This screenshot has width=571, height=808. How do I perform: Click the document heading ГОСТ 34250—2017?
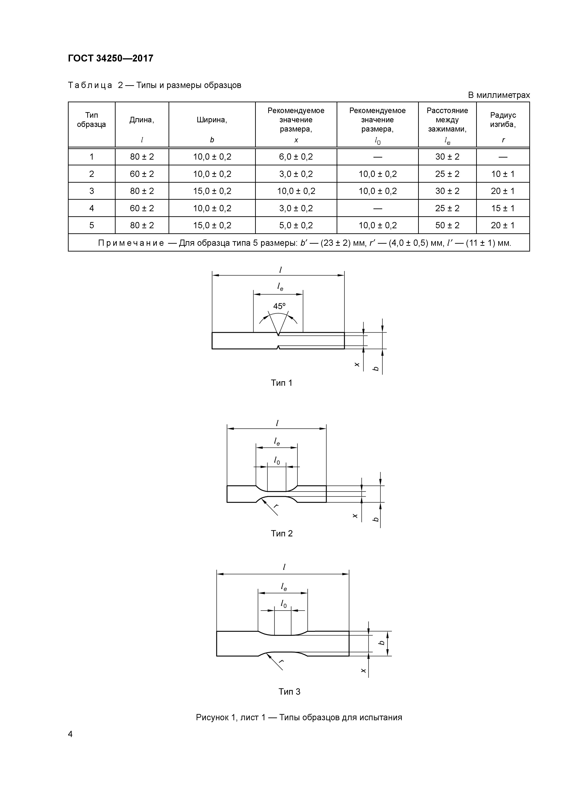click(111, 59)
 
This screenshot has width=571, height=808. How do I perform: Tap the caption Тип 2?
click(281, 533)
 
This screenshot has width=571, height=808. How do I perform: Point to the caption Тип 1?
click(281, 383)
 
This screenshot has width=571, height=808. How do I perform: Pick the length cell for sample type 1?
click(142, 157)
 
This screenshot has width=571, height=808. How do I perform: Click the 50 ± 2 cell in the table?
click(447, 225)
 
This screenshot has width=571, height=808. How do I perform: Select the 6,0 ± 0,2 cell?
click(296, 157)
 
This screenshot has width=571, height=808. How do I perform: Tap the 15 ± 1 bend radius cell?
click(503, 208)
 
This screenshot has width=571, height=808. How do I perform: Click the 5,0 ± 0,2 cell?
click(296, 225)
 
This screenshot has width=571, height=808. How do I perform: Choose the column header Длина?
click(142, 120)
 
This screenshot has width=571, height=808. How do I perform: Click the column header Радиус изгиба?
click(503, 120)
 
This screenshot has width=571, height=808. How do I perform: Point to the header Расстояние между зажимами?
click(447, 120)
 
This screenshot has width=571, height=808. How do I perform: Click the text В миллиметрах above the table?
click(498, 95)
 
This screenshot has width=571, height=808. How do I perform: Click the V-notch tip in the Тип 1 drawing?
click(278, 335)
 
